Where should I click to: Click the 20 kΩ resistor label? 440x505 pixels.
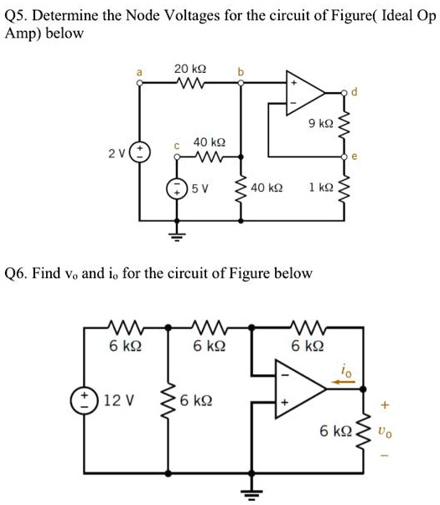(190, 67)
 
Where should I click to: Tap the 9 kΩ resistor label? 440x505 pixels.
(321, 123)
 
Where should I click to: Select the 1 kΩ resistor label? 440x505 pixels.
(321, 189)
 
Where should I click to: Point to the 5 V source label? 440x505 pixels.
(199, 189)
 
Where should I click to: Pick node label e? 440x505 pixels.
(354, 156)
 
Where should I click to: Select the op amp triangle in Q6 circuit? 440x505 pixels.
(302, 387)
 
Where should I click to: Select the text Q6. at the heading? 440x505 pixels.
(18, 273)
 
